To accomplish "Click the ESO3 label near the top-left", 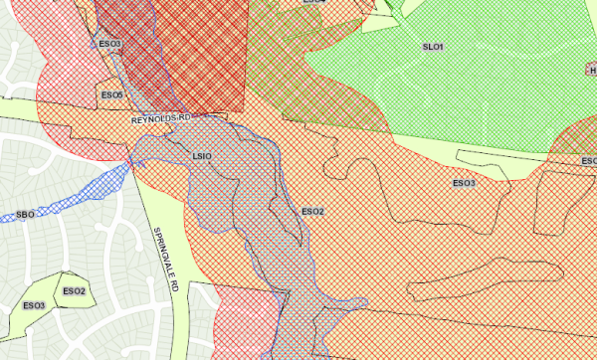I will point(109,45).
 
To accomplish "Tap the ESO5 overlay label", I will point(109,94).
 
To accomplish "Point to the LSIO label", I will point(202,156).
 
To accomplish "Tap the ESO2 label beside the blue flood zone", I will point(312,212).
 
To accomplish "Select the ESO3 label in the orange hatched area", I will point(464,183).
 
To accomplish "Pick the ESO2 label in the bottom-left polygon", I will point(75,290).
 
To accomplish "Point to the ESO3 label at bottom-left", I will point(34,305).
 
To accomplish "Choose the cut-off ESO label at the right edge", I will point(588,161).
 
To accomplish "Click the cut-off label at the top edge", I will point(312,3).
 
